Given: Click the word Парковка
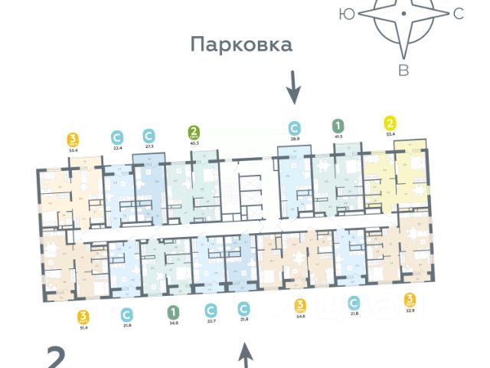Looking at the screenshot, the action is (x=242, y=44).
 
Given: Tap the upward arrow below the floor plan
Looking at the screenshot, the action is (x=246, y=355).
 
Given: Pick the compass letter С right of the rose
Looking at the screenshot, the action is (x=459, y=13).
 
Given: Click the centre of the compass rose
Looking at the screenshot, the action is (x=403, y=14).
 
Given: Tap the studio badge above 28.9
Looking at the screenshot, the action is (x=294, y=127).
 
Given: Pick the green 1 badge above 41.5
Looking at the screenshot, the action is (x=338, y=125).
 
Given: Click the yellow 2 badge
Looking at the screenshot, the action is (x=391, y=122).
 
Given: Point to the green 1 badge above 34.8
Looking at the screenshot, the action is (x=174, y=311).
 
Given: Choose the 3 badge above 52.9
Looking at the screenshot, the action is (x=410, y=299).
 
